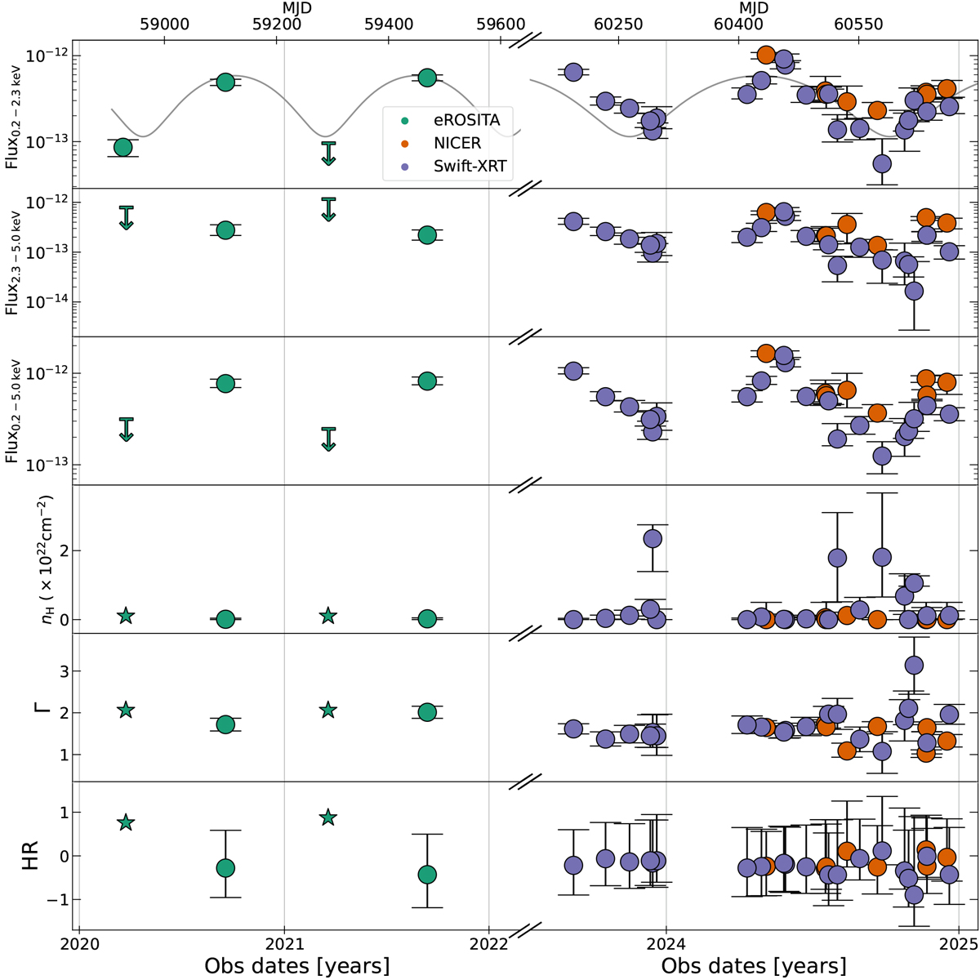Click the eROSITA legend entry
tap(466, 120)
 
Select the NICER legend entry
tap(458, 143)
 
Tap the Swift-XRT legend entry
tap(470, 166)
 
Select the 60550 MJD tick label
tap(858, 25)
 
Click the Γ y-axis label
tap(33, 707)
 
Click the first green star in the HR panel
tap(126, 822)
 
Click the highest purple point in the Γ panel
tap(914, 665)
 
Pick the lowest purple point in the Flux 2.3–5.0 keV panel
tap(914, 291)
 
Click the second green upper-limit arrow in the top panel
tap(328, 154)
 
